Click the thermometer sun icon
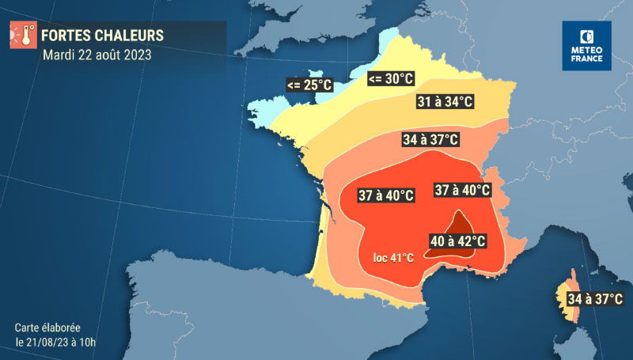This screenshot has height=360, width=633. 22,36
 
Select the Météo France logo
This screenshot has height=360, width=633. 586,46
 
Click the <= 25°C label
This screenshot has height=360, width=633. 310,83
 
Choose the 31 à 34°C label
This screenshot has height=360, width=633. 445,101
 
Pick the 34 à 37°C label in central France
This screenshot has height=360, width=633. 430,139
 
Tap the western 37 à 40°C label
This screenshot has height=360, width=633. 386,195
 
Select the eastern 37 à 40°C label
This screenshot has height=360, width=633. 463,190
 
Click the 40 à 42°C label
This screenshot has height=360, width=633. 457,241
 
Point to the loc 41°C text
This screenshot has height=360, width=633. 394,258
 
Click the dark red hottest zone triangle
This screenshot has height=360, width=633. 458,222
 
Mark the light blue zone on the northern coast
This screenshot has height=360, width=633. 388,44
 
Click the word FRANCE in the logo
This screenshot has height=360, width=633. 586,59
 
